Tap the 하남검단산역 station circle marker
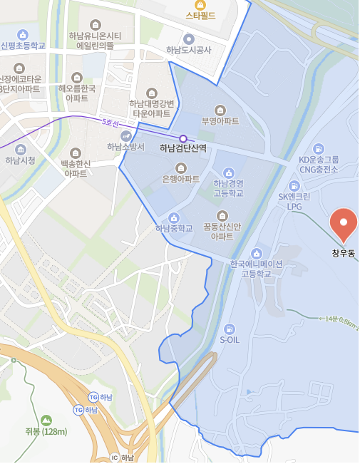(x=183, y=138)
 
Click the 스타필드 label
(x=200, y=15)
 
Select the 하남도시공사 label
(x=188, y=50)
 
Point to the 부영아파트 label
(x=220, y=121)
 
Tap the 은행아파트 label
(x=180, y=179)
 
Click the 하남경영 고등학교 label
(x=228, y=188)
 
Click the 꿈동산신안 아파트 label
(x=222, y=231)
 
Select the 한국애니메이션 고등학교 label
(x=257, y=268)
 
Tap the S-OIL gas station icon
(x=230, y=329)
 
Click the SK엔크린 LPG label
(x=294, y=201)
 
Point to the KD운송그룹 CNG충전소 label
(x=319, y=165)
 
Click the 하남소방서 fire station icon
(x=125, y=135)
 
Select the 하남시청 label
(x=20, y=160)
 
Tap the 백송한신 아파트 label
(x=76, y=168)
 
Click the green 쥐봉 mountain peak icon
(x=46, y=420)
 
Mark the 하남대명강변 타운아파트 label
(x=150, y=108)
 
